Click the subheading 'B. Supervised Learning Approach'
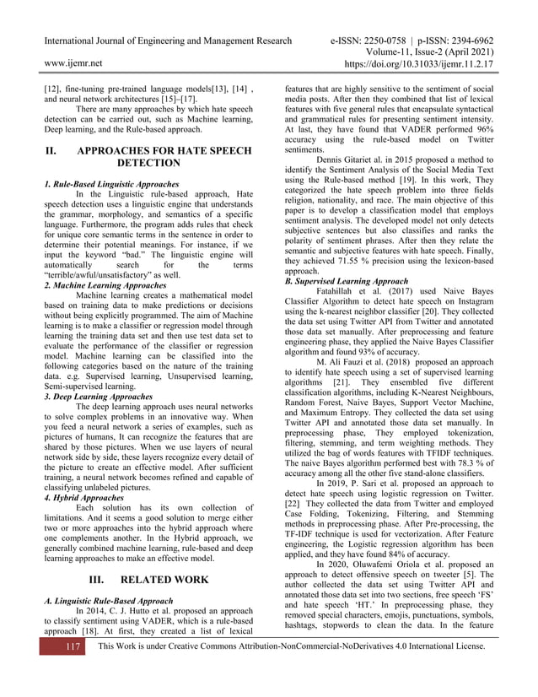(346, 280)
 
